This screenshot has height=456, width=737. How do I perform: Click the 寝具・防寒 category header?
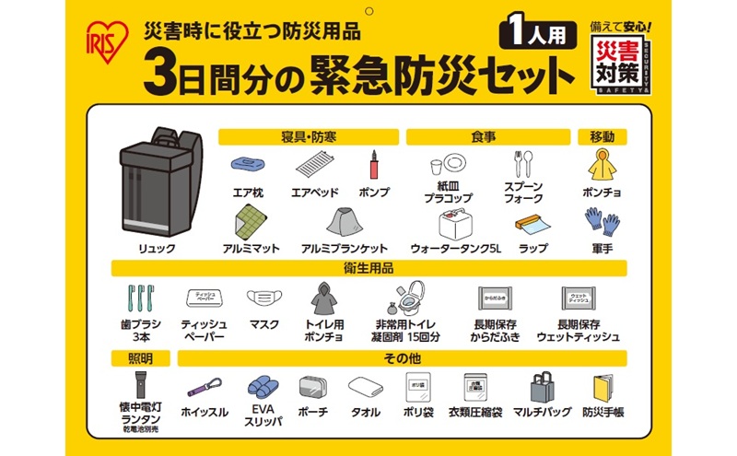click(x=308, y=137)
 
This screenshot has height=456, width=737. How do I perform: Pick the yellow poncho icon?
click(x=602, y=166)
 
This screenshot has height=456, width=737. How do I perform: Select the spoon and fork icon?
click(x=523, y=165)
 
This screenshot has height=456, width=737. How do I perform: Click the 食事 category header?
click(x=484, y=137)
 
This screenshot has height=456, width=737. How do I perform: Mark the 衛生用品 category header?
click(x=368, y=268)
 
